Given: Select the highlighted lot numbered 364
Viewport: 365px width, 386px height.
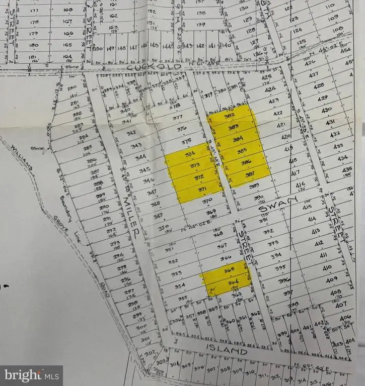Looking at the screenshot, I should click(232, 283).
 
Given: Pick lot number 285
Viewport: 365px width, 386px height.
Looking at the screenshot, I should click(89, 147).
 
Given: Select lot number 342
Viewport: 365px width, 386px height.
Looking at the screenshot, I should click(132, 133).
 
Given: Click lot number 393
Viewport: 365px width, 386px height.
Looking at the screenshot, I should click(273, 243).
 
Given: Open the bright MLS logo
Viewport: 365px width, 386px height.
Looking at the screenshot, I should click(31, 375).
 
